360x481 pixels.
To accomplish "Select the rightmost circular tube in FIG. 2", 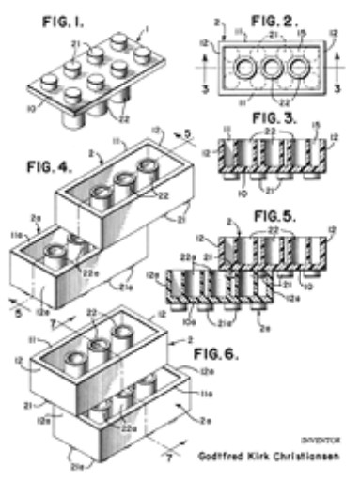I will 300,70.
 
